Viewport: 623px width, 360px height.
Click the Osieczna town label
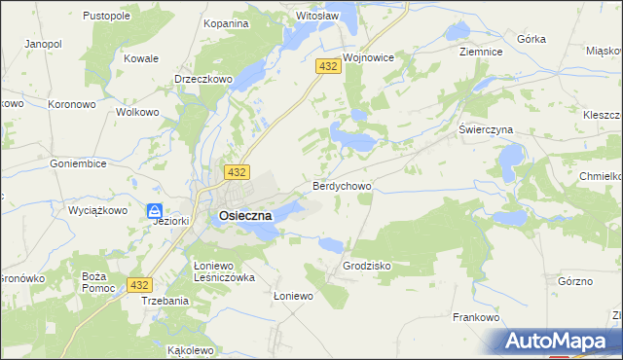point(232,217)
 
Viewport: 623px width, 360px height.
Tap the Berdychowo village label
point(341,185)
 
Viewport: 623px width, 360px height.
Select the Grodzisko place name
point(367,265)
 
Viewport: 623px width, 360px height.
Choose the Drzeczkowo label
point(200,80)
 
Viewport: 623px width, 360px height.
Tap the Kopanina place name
point(225,22)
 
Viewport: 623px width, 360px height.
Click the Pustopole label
point(107,17)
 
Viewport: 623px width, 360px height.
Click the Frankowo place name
point(477,317)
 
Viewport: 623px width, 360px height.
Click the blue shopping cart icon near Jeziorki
point(155,210)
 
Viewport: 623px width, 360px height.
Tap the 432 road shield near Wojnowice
point(327,65)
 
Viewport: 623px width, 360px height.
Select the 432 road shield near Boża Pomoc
point(140,284)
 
